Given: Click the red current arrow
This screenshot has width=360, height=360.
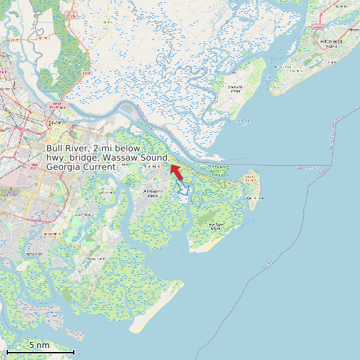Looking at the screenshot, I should pyautogui.click(x=176, y=172).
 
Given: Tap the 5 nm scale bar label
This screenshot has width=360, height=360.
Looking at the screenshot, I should pyautogui.click(x=39, y=345).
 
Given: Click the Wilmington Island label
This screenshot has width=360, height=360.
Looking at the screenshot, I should pyautogui.click(x=153, y=193).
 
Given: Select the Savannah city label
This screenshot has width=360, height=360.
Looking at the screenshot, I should pyautogui.click(x=60, y=124).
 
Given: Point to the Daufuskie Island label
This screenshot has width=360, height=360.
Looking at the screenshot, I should pyautogui.click(x=235, y=89).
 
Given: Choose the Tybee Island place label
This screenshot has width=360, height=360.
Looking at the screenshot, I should pyautogui.click(x=255, y=198).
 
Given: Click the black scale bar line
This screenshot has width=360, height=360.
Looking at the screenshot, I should pyautogui.click(x=39, y=351).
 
